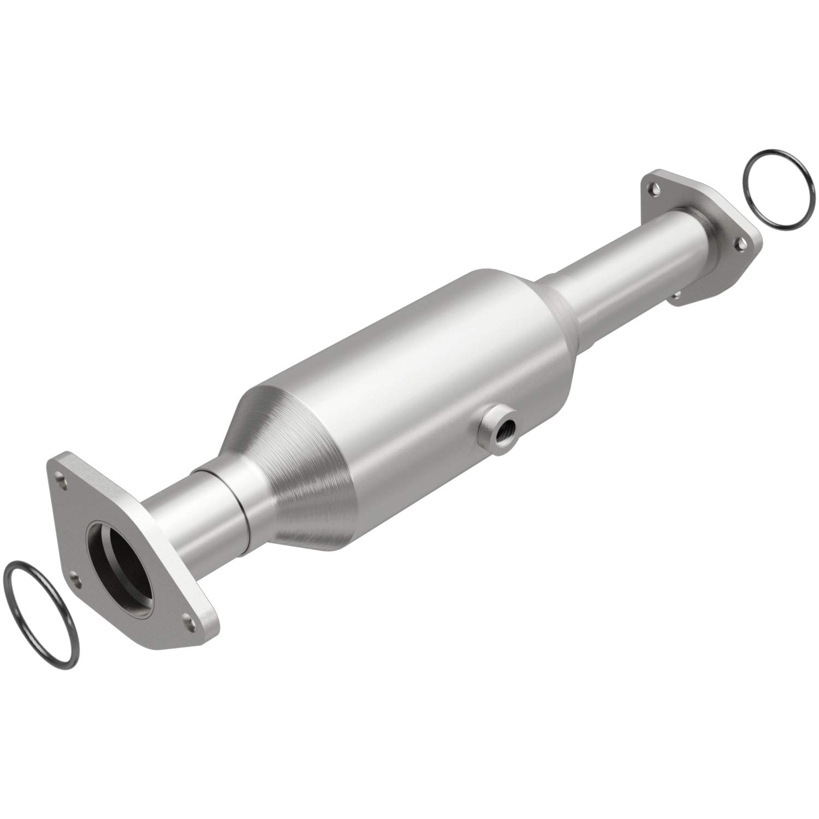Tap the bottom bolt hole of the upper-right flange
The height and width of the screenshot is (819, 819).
tap(676, 295)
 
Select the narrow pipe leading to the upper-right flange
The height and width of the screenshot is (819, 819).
tap(628, 257)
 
